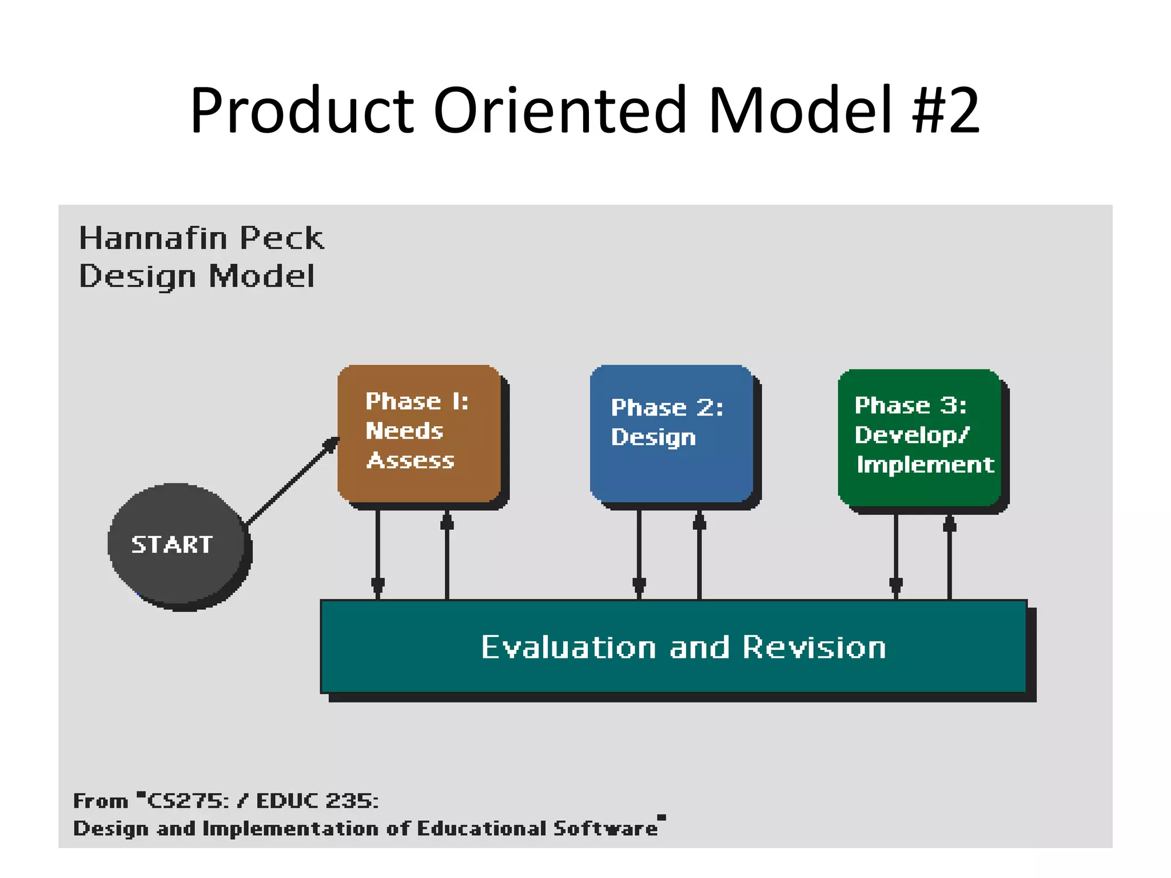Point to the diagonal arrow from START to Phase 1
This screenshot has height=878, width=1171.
292,481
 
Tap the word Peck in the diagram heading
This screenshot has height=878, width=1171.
282,238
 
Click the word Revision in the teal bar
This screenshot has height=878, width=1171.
814,647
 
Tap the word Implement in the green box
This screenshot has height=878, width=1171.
925,465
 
